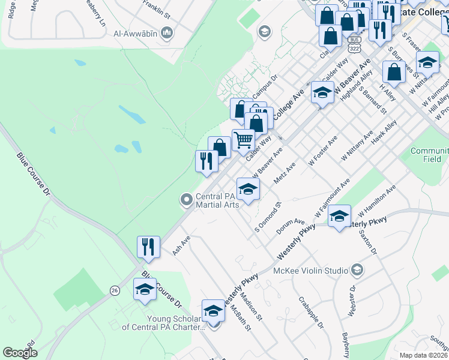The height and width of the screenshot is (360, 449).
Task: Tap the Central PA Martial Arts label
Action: (x=218, y=200)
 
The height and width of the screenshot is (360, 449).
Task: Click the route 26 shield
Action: (x=114, y=290)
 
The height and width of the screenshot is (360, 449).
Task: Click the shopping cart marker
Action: (x=243, y=140)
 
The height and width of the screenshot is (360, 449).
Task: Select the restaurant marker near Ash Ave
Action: (x=148, y=246)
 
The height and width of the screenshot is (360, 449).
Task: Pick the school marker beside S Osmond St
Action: (x=248, y=189)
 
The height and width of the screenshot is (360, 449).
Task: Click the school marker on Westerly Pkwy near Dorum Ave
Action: (x=339, y=215)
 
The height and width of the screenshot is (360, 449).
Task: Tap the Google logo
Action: (x=20, y=352)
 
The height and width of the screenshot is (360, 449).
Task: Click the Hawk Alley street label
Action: (x=384, y=134)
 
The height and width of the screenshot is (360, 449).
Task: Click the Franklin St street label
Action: (x=157, y=7)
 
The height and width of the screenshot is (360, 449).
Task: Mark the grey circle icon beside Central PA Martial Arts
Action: (x=186, y=199)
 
